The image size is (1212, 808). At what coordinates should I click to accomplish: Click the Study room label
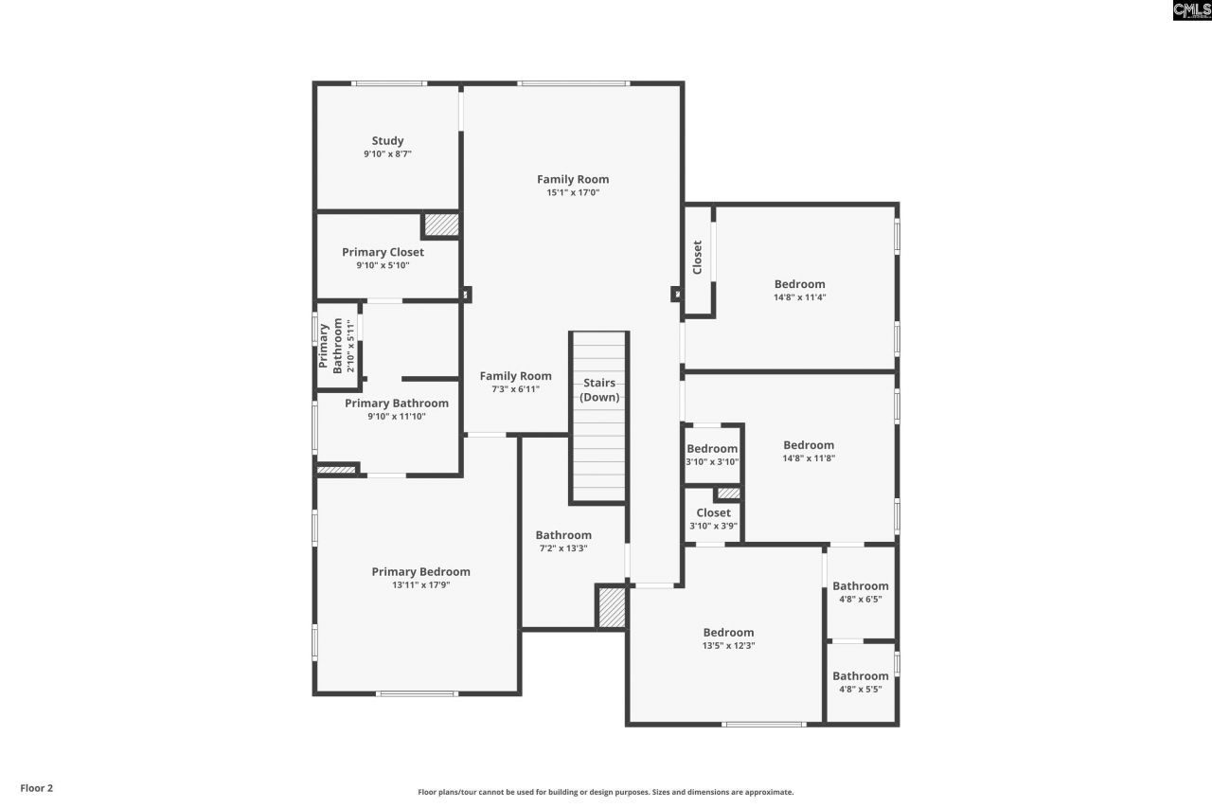pyautogui.click(x=387, y=141)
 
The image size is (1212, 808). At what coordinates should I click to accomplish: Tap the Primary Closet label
pyautogui.click(x=383, y=252)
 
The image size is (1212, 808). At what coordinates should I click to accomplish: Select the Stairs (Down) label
pyautogui.click(x=599, y=390)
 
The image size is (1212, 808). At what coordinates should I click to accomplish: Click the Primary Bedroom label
pyautogui.click(x=420, y=571)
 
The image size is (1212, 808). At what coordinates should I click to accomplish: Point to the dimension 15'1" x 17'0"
pyautogui.click(x=573, y=192)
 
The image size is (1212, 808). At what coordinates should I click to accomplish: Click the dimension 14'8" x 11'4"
pyautogui.click(x=799, y=297)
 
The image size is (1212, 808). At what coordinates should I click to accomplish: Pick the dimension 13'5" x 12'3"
pyautogui.click(x=728, y=646)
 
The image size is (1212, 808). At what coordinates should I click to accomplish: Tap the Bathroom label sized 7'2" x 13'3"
pyautogui.click(x=563, y=535)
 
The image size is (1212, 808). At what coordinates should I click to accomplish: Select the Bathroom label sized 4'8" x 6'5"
pyautogui.click(x=861, y=585)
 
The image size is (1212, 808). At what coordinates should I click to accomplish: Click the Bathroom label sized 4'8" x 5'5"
pyautogui.click(x=861, y=675)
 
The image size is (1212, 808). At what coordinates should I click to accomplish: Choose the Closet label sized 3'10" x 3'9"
pyautogui.click(x=713, y=512)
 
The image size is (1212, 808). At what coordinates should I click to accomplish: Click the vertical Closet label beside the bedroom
pyautogui.click(x=698, y=258)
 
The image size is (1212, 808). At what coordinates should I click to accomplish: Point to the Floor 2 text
pyautogui.click(x=37, y=787)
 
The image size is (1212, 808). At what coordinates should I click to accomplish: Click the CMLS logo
pyautogui.click(x=1191, y=10)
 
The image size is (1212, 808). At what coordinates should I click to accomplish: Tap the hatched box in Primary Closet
pyautogui.click(x=441, y=225)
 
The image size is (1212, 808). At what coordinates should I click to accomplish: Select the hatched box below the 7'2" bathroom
pyautogui.click(x=612, y=607)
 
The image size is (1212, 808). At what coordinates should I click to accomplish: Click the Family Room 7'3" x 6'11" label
pyautogui.click(x=515, y=376)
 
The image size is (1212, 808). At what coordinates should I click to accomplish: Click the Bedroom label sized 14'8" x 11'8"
pyautogui.click(x=809, y=445)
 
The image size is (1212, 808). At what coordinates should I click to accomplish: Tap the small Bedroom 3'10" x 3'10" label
pyautogui.click(x=712, y=449)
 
